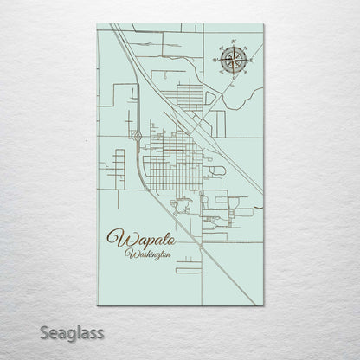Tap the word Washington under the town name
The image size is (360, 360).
click(148, 254)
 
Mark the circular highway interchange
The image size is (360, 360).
click(138, 134)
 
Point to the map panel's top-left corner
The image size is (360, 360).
click(98, 24)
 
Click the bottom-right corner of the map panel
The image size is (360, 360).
click(263, 305)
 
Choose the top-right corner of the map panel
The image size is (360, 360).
click(263, 24)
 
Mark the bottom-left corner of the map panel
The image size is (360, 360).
click(98, 305)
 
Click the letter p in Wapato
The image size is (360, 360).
click(143, 240)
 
